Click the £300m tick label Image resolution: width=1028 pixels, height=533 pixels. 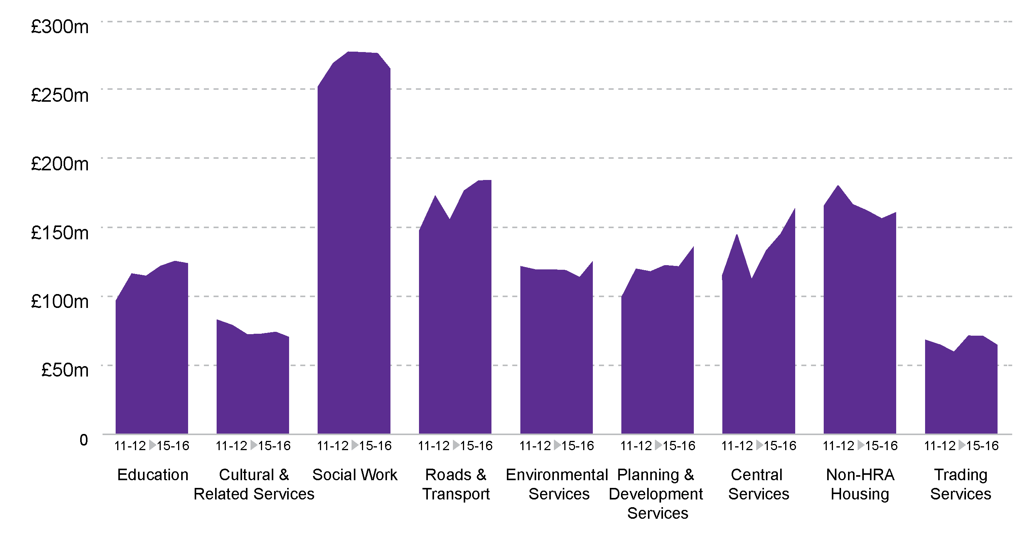click(60, 27)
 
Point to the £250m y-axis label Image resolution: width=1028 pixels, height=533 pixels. click(60, 95)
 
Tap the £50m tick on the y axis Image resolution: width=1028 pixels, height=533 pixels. click(65, 370)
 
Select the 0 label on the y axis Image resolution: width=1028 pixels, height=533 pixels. click(83, 440)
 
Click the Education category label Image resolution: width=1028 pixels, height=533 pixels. click(152, 475)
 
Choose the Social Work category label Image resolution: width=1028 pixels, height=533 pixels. click(354, 475)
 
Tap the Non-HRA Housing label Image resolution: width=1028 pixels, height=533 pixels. click(860, 484)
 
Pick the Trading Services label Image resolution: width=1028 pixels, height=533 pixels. click(961, 484)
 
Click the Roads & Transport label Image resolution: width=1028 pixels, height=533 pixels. click(456, 484)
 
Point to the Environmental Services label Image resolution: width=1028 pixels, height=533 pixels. click(557, 484)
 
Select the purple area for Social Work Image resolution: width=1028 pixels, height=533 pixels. click(354, 259)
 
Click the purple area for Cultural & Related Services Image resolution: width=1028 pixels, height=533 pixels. click(252, 383)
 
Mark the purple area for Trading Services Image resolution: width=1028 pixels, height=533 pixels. click(961, 391)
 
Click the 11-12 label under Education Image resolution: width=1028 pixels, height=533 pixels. click(130, 446)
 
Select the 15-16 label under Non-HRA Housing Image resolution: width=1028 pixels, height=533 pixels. click(881, 446)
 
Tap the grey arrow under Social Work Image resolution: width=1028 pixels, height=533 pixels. click(354, 445)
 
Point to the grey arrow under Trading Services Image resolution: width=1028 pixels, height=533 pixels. click(961, 445)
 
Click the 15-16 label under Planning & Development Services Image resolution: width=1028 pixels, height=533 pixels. click(679, 446)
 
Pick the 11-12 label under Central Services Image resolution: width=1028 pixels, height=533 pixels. click(737, 446)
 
